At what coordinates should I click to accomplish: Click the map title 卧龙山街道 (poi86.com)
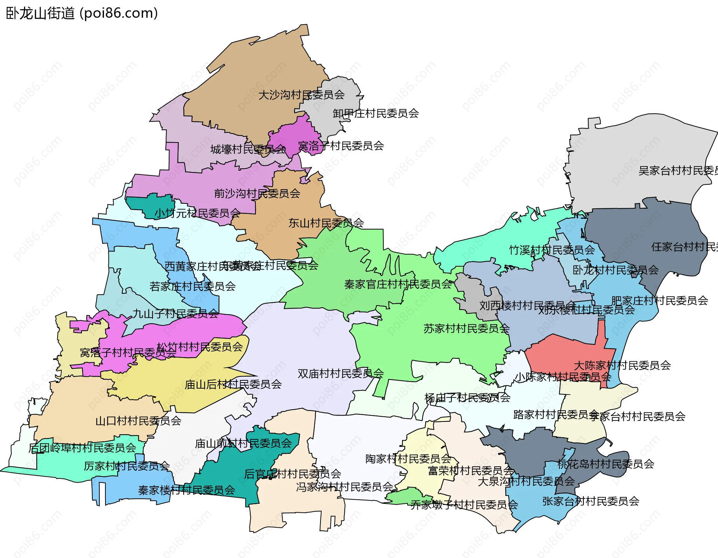pos(82,13)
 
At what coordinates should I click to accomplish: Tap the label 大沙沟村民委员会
pos(301,95)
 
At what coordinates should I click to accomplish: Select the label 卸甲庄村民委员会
pos(375,113)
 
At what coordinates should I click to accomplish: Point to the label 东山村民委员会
pos(326,223)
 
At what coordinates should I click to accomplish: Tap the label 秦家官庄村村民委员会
pos(398,285)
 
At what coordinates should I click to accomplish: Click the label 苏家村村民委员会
pos(466,329)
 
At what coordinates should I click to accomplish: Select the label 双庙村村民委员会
pos(340,374)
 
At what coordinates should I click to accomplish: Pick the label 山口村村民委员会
pos(138,421)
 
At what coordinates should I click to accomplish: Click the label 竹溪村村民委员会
pos(552,250)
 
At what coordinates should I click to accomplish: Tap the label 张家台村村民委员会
pos(590,502)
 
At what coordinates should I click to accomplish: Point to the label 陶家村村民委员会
pos(408,459)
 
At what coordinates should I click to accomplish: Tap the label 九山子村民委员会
pos(175,314)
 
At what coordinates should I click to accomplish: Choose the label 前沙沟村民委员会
pos(257,194)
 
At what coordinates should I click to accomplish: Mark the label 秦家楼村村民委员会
pos(186,490)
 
